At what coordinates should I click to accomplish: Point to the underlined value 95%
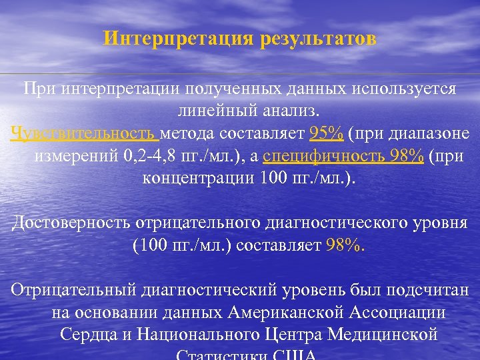coord(327,134)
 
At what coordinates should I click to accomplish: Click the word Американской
coord(278,313)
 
